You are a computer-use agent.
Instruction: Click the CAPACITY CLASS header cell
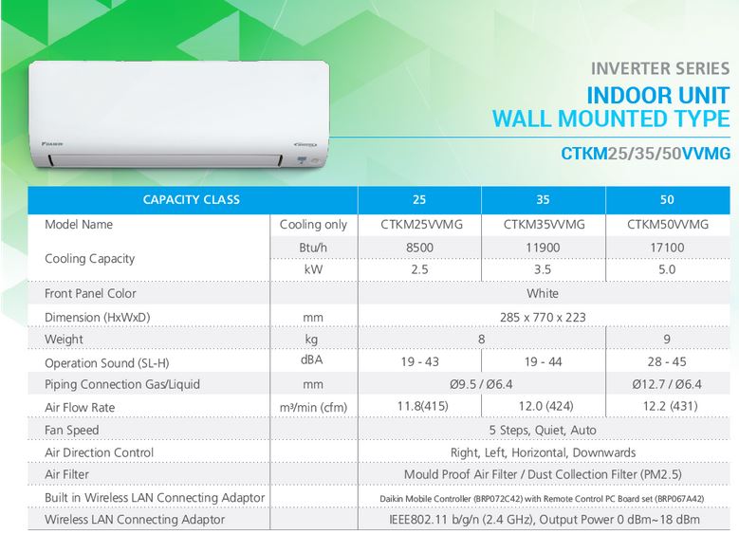[x=192, y=200]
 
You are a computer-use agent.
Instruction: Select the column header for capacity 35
[x=543, y=200]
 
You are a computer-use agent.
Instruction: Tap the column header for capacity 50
[x=667, y=200]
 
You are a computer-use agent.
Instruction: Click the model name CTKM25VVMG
[x=421, y=225]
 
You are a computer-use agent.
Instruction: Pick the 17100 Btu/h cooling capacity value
[x=667, y=248]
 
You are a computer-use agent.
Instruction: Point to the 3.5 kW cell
[x=543, y=269]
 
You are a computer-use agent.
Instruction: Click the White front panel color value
[x=543, y=293]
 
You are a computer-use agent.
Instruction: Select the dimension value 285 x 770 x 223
[x=543, y=317]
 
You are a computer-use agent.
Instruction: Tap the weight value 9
[x=666, y=339]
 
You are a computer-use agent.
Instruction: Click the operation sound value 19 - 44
[x=543, y=361]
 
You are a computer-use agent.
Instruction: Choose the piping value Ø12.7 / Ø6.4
[x=667, y=384]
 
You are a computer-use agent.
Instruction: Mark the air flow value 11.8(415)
[x=422, y=406]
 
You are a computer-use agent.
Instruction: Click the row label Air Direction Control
[x=99, y=452]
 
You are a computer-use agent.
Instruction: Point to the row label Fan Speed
[x=72, y=430]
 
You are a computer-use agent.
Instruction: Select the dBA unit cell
[x=311, y=359]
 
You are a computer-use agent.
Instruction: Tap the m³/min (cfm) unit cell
[x=313, y=407]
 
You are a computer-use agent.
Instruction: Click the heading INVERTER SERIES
[x=660, y=69]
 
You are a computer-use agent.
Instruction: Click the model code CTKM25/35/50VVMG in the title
[x=645, y=153]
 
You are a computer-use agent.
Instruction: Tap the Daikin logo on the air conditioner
[x=52, y=143]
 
